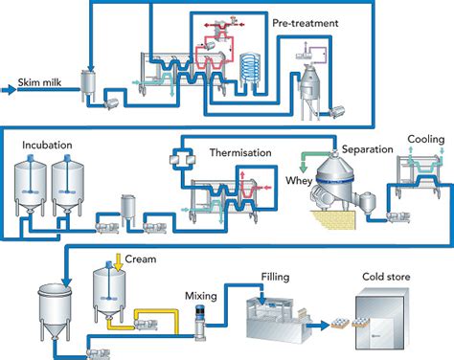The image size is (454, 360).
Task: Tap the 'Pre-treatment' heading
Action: point(315,18)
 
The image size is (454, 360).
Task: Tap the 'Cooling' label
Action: point(426,139)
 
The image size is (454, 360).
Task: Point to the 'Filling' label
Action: point(275,277)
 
